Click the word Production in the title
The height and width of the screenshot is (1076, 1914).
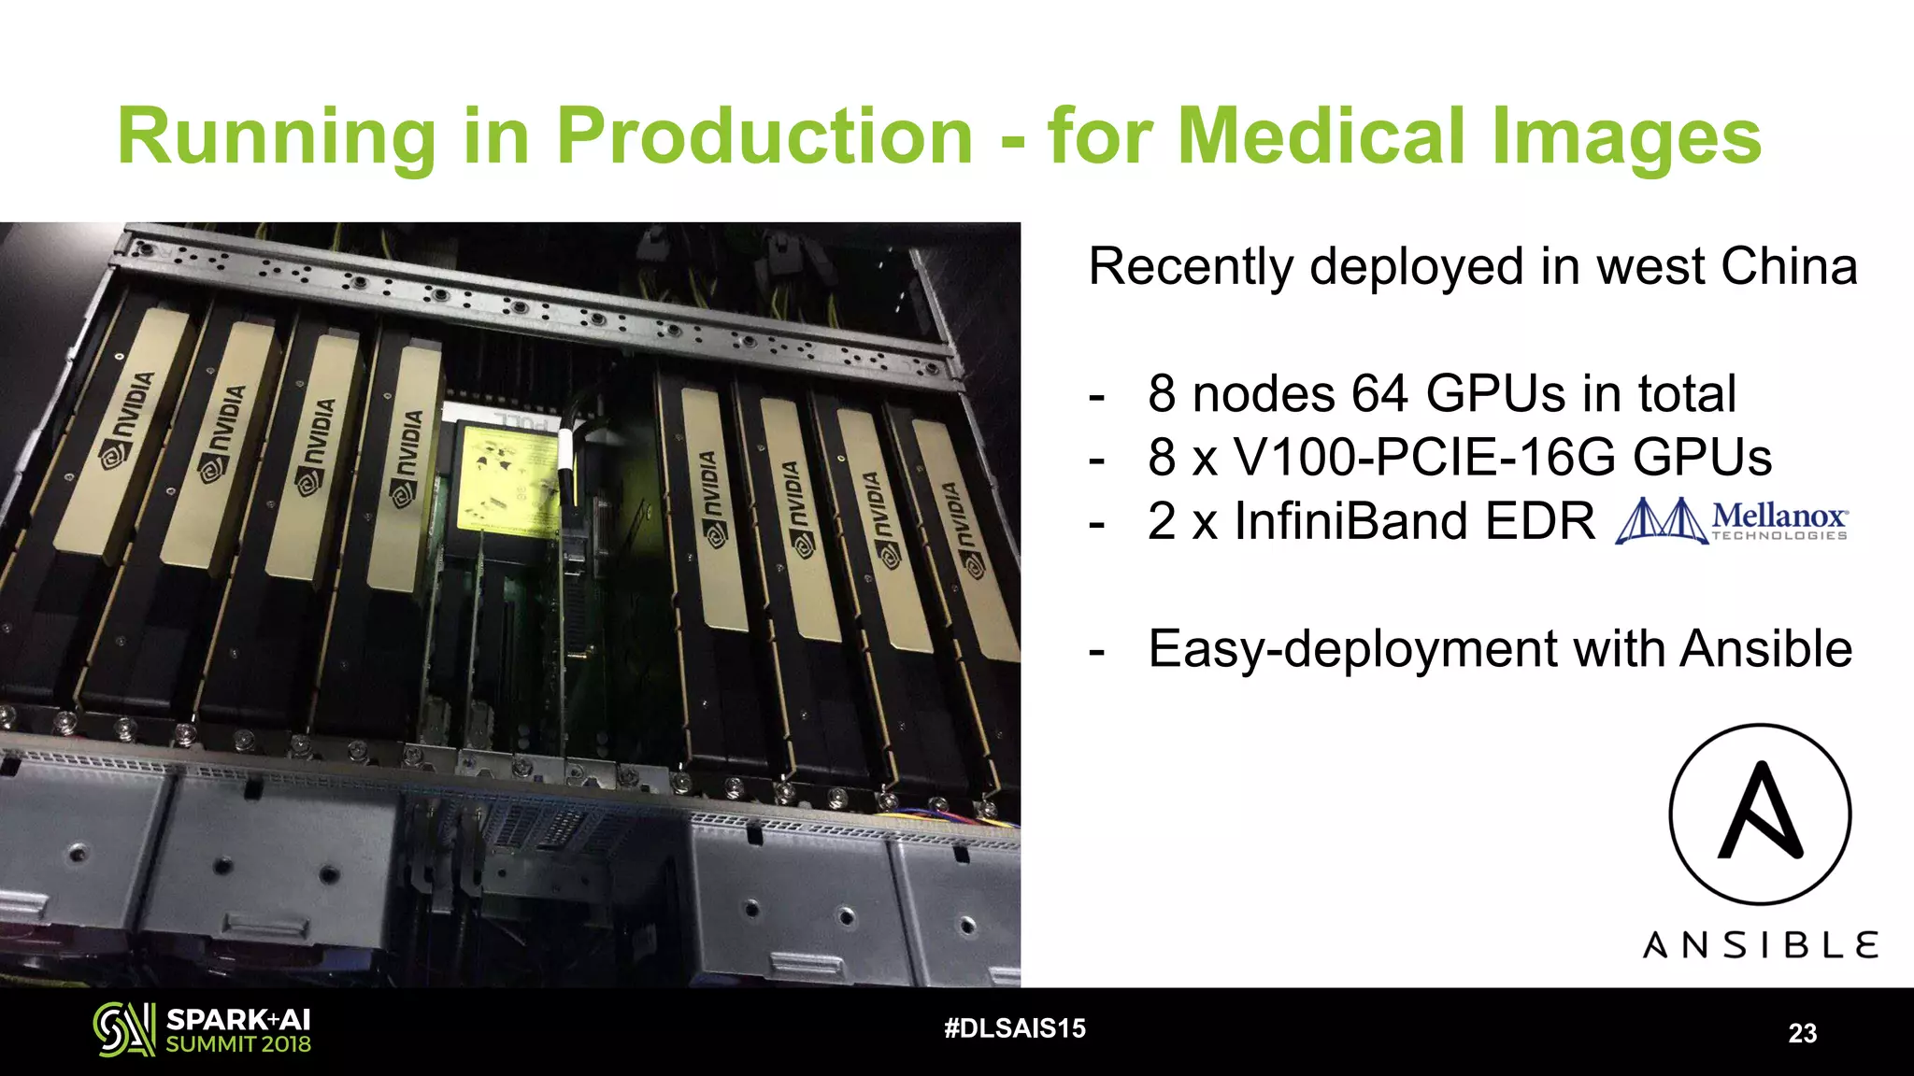765,136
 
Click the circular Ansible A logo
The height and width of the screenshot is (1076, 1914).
1760,814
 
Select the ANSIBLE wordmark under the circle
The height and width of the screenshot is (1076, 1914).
1760,945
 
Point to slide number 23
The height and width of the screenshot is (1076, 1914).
1802,1033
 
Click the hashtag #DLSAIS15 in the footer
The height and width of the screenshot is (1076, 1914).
1015,1028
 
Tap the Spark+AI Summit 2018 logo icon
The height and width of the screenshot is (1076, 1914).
123,1029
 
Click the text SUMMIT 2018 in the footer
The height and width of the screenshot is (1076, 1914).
238,1044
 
